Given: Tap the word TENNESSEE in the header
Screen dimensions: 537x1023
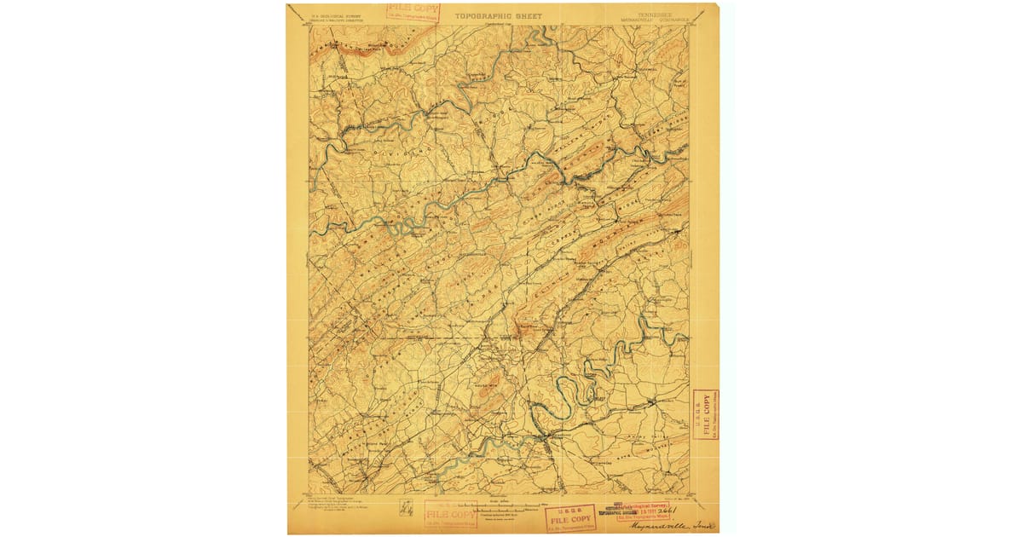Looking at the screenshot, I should click(650, 13).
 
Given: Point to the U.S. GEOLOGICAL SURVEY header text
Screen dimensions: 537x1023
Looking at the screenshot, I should click(330, 14).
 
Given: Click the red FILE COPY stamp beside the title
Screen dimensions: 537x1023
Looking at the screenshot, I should click(413, 14).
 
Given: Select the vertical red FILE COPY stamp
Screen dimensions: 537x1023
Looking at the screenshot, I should click(705, 415).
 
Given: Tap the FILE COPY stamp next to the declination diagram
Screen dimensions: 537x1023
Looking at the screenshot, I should click(450, 514).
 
